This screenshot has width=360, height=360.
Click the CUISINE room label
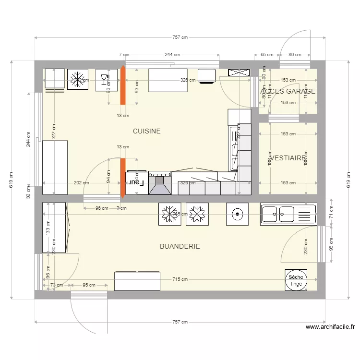point(146,131)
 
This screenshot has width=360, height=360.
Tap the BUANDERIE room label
point(180,246)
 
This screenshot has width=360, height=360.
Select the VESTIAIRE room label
point(288,157)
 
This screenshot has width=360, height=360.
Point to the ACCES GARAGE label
point(288,91)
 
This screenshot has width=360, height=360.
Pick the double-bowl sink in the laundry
point(288,214)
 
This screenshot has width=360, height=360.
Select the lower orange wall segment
point(122,178)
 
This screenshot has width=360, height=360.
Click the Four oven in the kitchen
point(137,183)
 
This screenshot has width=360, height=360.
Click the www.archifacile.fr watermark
point(330,327)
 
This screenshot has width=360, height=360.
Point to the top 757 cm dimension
point(180,37)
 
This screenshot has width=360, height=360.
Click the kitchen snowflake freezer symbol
point(77,80)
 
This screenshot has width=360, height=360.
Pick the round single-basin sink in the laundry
point(237,214)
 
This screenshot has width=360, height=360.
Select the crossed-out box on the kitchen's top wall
point(239,72)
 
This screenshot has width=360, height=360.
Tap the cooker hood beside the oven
point(159,183)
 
